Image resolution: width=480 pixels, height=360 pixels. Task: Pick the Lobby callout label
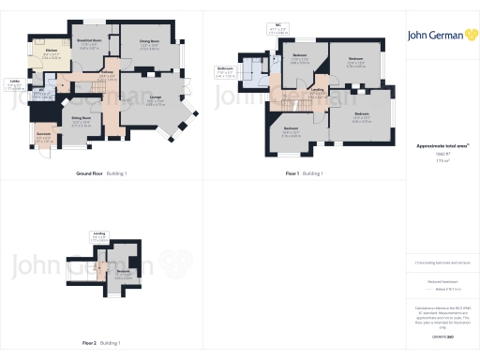click(16, 83)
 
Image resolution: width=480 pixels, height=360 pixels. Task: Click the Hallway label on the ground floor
click(108, 74)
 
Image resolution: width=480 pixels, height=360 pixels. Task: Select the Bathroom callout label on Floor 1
click(225, 69)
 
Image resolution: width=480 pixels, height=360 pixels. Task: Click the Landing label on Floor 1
click(319, 91)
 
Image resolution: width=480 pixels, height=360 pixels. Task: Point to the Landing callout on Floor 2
click(98, 235)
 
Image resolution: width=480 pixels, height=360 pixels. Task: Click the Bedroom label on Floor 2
click(122, 271)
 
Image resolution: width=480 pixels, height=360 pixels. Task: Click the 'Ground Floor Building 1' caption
click(100, 173)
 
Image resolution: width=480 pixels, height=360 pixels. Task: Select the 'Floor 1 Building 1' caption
click(305, 173)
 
